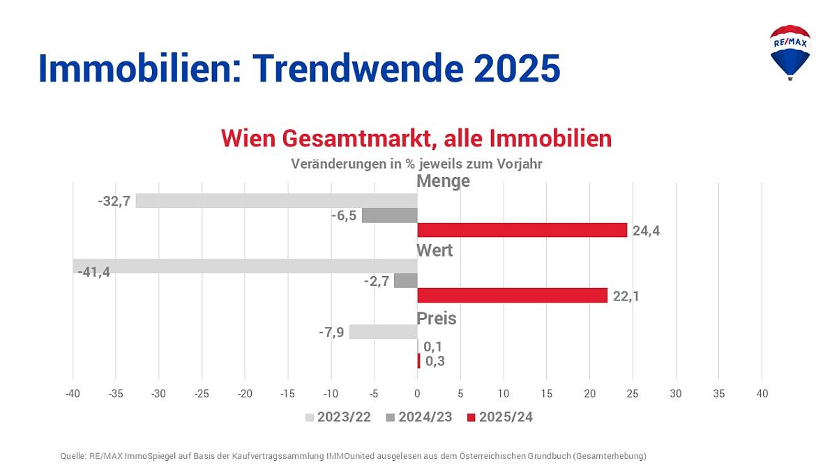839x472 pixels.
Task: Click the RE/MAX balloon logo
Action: tap(789, 52)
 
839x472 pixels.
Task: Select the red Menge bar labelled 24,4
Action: tap(522, 230)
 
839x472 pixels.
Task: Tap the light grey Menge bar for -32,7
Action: tap(276, 201)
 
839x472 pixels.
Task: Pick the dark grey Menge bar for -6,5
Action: tap(389, 215)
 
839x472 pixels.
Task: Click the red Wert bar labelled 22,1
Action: tap(512, 296)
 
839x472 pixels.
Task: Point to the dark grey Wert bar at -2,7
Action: tap(405, 281)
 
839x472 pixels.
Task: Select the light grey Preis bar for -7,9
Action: tap(383, 332)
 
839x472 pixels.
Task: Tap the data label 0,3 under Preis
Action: tap(434, 361)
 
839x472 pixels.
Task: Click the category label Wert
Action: tap(434, 250)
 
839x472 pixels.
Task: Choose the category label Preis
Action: tap(436, 319)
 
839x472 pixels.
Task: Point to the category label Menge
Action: tap(443, 181)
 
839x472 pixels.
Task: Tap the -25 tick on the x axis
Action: tap(202, 394)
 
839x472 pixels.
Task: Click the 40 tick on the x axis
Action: tap(762, 394)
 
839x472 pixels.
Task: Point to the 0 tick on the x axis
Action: tap(417, 394)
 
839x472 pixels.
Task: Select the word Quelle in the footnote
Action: tap(73, 456)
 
